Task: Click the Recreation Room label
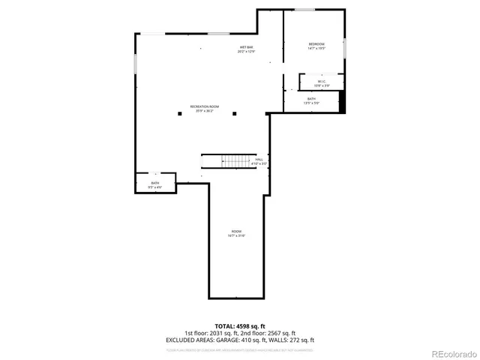204,108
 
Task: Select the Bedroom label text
316,45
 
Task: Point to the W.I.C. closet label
322,82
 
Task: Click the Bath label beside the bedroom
311,100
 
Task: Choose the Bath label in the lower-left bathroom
155,184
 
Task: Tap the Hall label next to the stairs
259,160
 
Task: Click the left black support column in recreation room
180,114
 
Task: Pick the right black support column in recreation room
234,114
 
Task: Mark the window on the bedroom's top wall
304,10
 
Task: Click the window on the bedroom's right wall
345,46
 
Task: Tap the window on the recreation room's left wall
135,64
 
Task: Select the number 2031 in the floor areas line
214,333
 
